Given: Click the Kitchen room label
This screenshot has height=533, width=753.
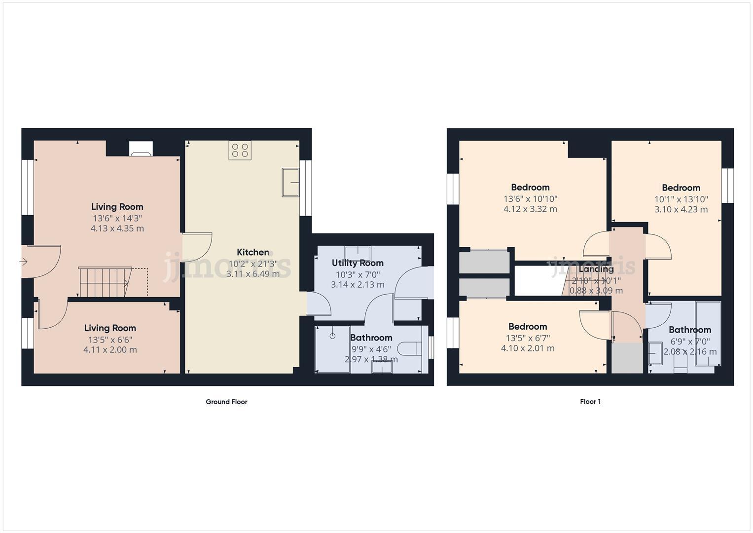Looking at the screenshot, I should coord(252,252).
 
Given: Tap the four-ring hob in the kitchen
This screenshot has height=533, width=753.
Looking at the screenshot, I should coord(240,150).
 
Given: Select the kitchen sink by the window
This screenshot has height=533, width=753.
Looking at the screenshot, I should coord(290,183).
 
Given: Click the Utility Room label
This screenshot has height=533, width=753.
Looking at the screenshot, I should coord(357,263).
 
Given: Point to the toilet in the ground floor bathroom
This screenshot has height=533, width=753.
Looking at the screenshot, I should coord(410,348).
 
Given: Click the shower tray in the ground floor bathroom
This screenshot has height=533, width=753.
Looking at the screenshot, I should coord(333,349).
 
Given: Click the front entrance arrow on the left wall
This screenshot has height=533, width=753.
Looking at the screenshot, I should coord(23,262).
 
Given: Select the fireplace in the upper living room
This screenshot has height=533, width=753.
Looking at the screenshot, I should coord(141,149).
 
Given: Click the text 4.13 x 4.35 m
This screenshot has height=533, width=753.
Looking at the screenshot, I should coord(117,228).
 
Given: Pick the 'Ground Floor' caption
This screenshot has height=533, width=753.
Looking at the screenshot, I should coord(226,402).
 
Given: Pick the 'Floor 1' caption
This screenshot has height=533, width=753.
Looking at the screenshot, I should coord(590,402).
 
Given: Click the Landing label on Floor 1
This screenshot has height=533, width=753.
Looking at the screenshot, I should coord(596,269).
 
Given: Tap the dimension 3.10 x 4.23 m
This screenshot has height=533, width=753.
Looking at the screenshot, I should coord(681,209).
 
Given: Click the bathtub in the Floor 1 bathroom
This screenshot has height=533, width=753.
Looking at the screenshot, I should coord(708,334).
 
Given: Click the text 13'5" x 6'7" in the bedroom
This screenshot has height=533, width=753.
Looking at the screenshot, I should coord(527,338).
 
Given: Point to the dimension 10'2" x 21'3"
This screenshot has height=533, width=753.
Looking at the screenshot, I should coord(252,264).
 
